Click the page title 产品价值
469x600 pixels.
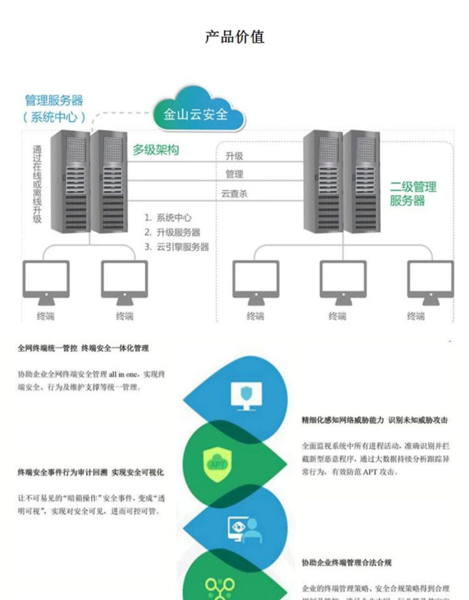tap(234, 37)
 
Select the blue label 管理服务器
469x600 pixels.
tap(54, 101)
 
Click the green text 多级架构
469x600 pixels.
tap(155, 150)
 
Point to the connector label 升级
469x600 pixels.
tap(234, 156)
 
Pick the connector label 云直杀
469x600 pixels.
tap(234, 194)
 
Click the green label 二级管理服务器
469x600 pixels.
tap(413, 193)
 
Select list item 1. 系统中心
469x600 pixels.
tap(168, 218)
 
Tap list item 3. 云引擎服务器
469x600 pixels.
tap(177, 247)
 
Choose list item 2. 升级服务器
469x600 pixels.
tap(172, 232)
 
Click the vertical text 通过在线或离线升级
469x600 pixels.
tap(37, 184)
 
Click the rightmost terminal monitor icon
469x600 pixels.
tap(430, 282)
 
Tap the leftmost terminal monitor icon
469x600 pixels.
tap(46, 282)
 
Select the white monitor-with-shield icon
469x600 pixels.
tap(246, 396)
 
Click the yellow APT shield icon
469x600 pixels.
tap(217, 465)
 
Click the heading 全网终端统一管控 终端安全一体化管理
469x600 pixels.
tap(83, 348)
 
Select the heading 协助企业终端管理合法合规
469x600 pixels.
tap(346, 563)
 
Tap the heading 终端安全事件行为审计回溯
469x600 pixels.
tap(62, 472)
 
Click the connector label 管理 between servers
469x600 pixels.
tap(234, 174)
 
